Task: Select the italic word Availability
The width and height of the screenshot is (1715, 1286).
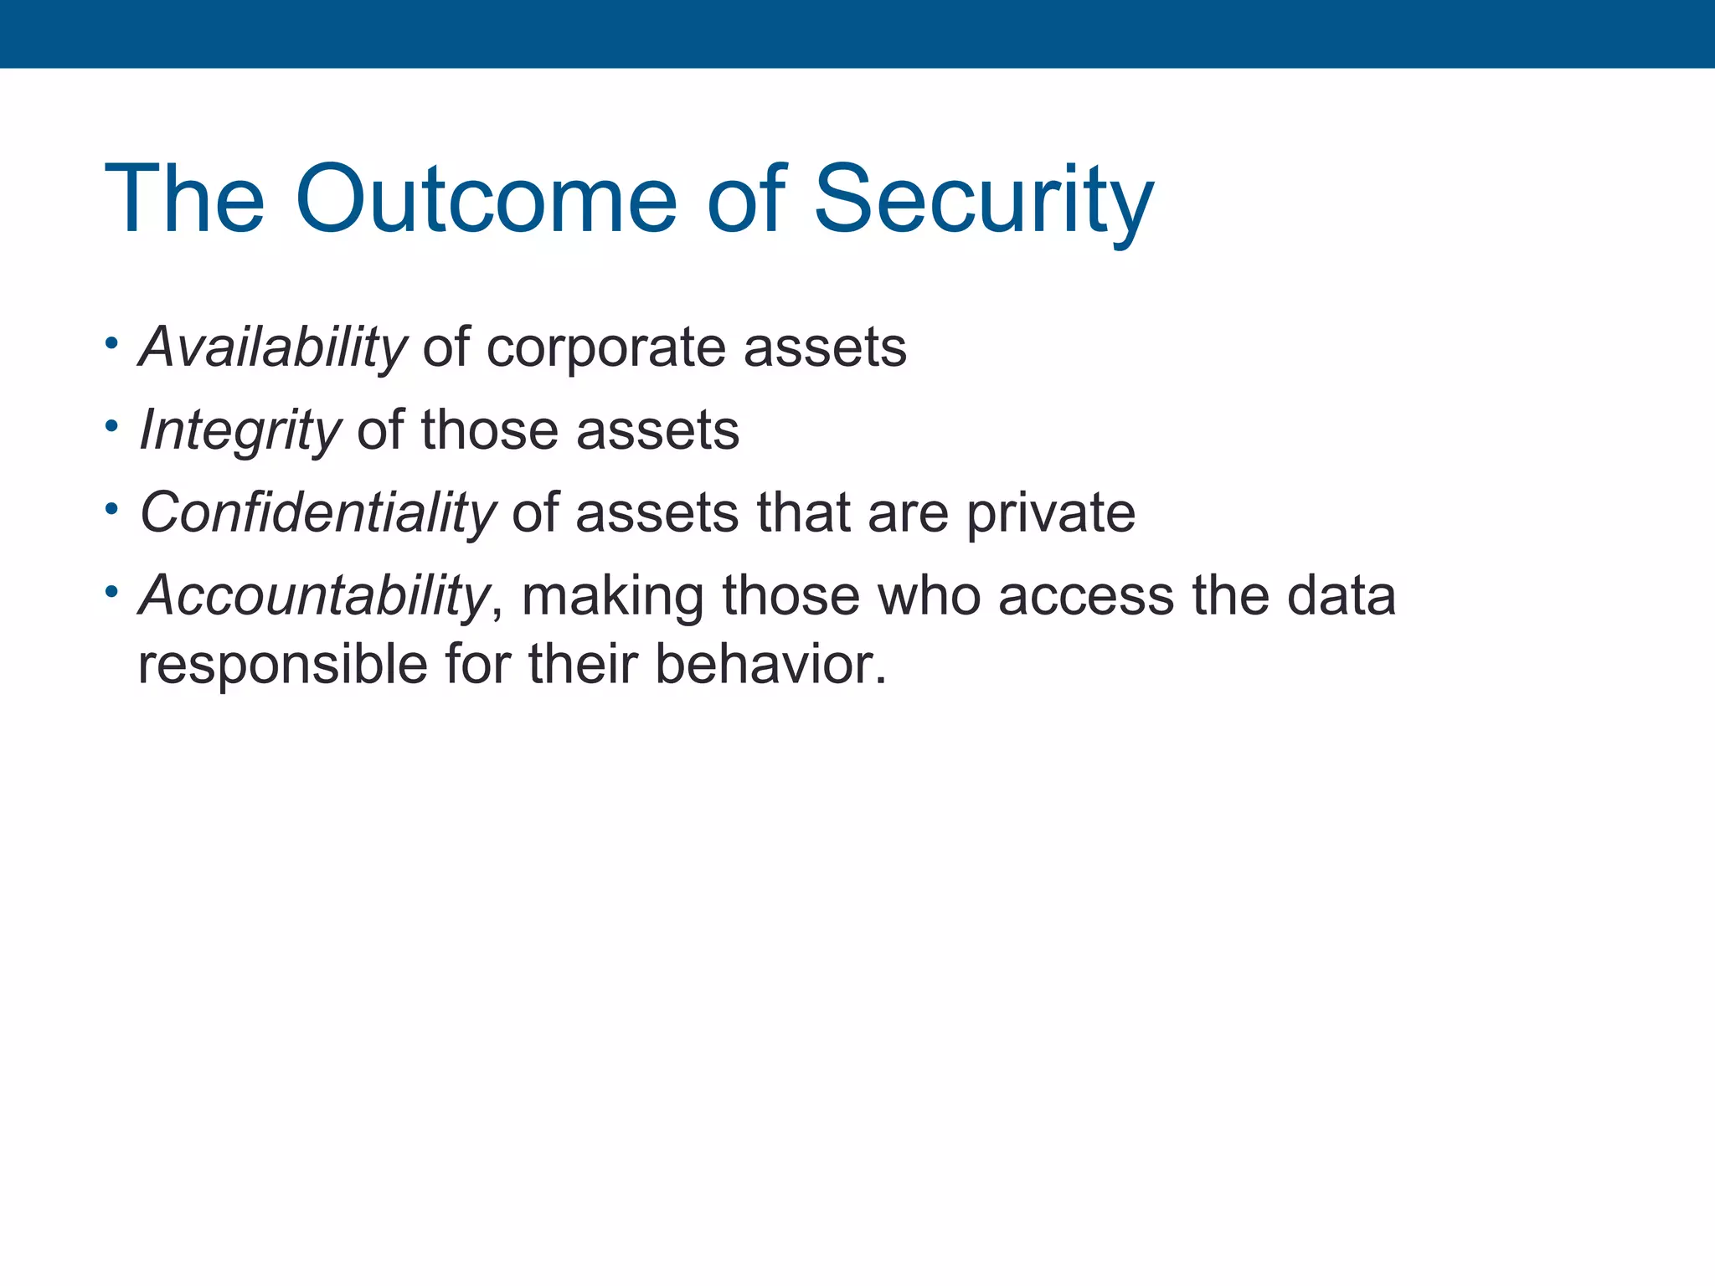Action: coord(273,347)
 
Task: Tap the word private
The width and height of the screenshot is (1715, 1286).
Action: coord(1051,512)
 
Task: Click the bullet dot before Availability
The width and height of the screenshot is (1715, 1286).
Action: coord(111,343)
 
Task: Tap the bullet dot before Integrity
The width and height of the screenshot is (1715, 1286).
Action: coord(111,426)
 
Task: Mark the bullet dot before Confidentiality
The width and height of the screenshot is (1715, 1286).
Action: coord(111,508)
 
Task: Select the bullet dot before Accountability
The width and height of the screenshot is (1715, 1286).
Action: coord(111,591)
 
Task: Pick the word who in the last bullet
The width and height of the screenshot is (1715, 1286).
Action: coord(929,595)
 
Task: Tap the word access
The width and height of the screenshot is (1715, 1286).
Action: coord(1086,595)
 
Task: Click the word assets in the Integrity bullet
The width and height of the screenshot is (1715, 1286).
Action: coord(657,430)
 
